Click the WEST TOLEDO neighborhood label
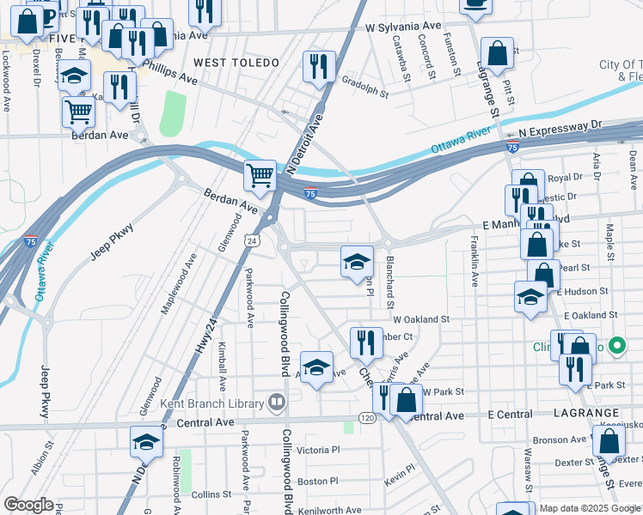pyautogui.click(x=236, y=63)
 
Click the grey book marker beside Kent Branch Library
pyautogui.click(x=276, y=402)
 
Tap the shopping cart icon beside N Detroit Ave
pyautogui.click(x=260, y=176)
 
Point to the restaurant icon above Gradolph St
pyautogui.click(x=319, y=66)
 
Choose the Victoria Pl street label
pyautogui.click(x=318, y=450)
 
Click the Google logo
pyautogui.click(x=28, y=504)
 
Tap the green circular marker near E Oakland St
pyautogui.click(x=615, y=347)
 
